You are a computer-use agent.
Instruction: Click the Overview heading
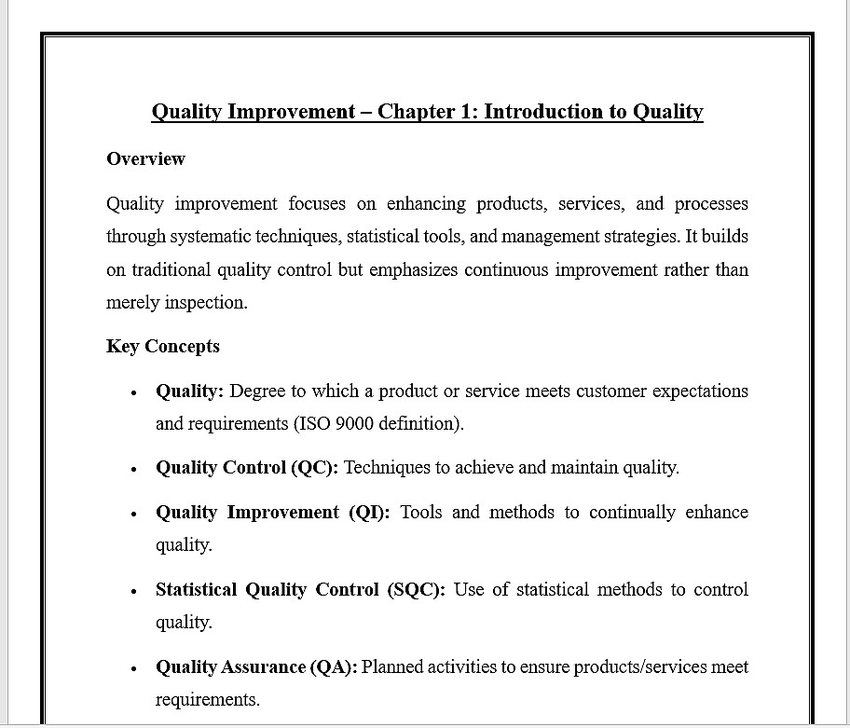[x=145, y=159]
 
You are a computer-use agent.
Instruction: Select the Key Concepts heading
[x=163, y=347]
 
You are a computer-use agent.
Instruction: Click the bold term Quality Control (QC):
[x=247, y=468]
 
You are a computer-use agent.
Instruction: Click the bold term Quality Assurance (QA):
[x=256, y=667]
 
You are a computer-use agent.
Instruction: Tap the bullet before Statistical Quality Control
[x=135, y=591]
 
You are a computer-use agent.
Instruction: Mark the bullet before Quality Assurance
[x=135, y=668]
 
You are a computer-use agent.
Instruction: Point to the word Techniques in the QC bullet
[x=385, y=468]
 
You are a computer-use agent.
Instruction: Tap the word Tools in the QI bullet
[x=421, y=513]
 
